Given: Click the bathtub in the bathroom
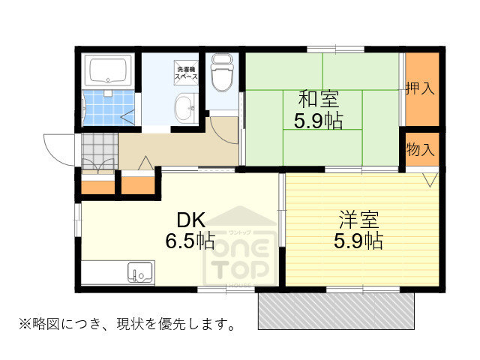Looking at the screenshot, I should pyautogui.click(x=109, y=71).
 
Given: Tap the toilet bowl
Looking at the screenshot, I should pyautogui.click(x=221, y=75).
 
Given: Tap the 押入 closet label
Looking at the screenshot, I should pyautogui.click(x=420, y=88).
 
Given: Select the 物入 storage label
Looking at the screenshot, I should pyautogui.click(x=420, y=148).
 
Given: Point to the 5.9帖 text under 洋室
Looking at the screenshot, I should pyautogui.click(x=358, y=241).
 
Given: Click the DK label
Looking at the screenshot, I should pyautogui.click(x=190, y=220).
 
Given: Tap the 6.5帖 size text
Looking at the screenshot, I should pyautogui.click(x=190, y=241).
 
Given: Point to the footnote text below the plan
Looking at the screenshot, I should pyautogui.click(x=128, y=325).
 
